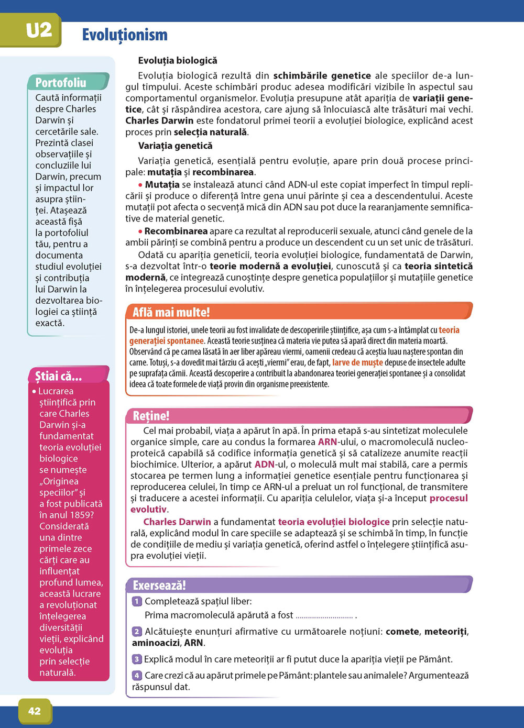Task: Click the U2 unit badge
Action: point(39,30)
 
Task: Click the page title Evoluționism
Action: point(125,35)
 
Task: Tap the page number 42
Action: point(35,711)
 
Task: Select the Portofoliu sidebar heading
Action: point(61,82)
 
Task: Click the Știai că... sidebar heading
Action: point(59,376)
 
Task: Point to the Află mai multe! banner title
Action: point(171,313)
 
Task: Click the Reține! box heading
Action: point(151,416)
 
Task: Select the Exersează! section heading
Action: point(159,585)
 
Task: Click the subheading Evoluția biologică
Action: point(178,61)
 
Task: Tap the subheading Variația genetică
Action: point(176,146)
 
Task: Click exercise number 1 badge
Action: point(137,601)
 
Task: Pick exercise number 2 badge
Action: point(137,632)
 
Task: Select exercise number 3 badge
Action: point(137,659)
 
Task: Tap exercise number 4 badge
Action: point(137,676)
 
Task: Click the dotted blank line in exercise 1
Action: point(324,616)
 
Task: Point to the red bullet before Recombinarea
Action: point(140,231)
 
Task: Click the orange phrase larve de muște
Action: point(357,362)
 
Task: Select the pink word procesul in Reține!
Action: point(449,498)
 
